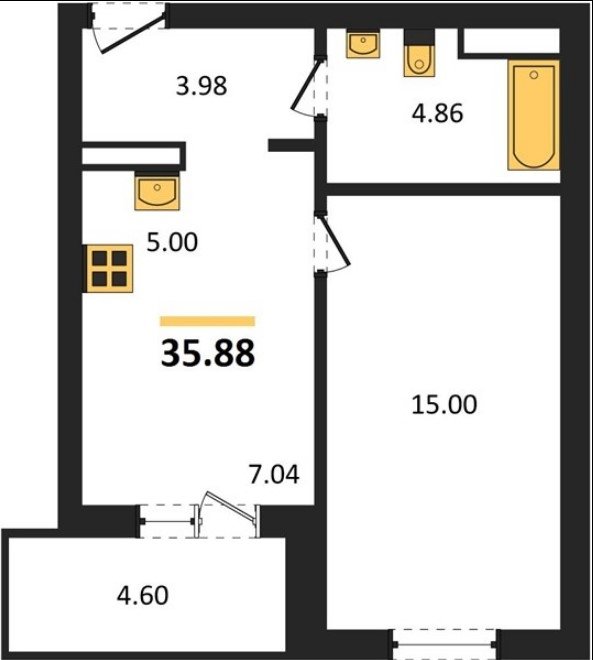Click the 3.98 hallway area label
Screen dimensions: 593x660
point(201,86)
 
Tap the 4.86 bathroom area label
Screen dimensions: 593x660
point(437,113)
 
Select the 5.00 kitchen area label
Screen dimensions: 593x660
point(172,242)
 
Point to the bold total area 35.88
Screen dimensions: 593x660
point(208,353)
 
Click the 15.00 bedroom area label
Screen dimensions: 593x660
point(444,405)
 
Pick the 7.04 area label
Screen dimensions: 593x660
point(274,474)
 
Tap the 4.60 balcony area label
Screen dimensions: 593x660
point(143,595)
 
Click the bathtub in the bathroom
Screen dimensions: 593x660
point(534,115)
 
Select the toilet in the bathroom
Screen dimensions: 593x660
point(419,53)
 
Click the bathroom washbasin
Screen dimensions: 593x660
point(363,43)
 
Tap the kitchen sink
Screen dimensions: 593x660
point(157,192)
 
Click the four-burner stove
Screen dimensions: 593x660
point(109,269)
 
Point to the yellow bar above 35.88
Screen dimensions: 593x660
point(207,321)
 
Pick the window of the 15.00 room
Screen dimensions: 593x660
point(444,644)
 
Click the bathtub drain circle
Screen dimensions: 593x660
point(534,75)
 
